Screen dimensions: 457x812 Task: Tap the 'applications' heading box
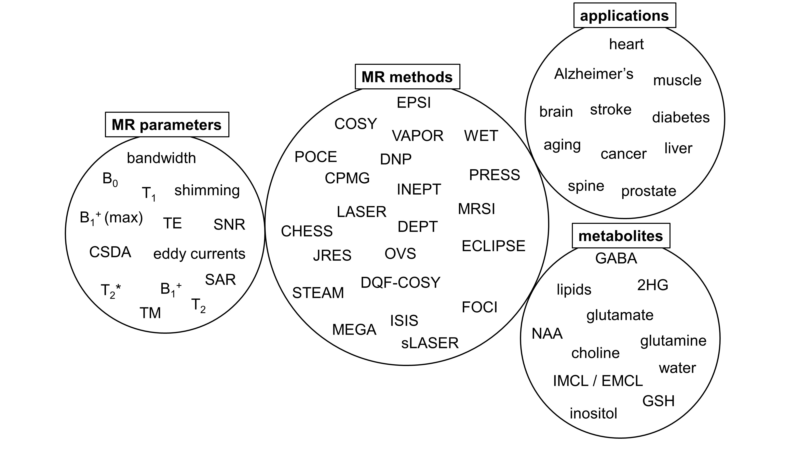coord(624,15)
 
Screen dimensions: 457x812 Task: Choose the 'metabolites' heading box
coord(621,236)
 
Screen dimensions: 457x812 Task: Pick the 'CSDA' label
coord(110,252)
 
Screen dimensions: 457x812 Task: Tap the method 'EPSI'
coord(414,103)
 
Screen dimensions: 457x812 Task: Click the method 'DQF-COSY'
coord(400,283)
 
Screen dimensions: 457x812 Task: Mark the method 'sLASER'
coord(430,343)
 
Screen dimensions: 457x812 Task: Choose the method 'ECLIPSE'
coord(493,246)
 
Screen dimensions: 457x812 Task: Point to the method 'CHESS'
coord(307,231)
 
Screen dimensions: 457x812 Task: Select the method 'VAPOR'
coord(418,136)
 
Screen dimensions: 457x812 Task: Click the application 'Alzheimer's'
coord(594,74)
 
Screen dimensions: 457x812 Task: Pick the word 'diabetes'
coord(680,117)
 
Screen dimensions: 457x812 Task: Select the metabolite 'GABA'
coord(616,258)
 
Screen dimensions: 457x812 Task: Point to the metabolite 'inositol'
coord(593,414)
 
